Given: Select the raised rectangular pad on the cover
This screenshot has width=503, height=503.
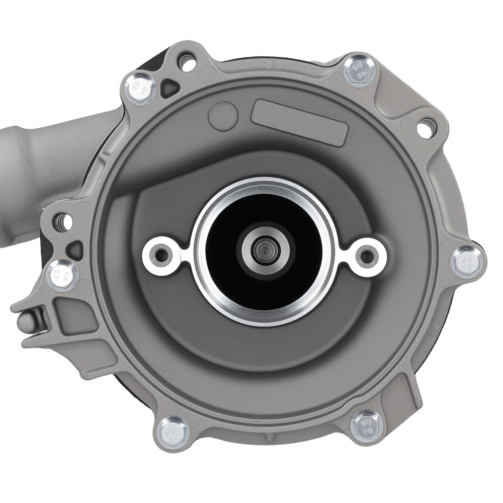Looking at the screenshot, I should [x=300, y=122].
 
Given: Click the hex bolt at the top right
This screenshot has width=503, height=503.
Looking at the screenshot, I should [x=360, y=71].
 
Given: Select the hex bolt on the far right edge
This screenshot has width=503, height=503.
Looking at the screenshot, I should [x=467, y=262].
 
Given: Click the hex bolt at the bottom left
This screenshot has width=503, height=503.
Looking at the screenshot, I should [x=173, y=433].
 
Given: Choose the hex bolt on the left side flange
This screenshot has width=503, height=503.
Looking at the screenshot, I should [x=62, y=275].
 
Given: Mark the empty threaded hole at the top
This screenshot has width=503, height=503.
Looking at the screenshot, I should [x=187, y=63].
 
